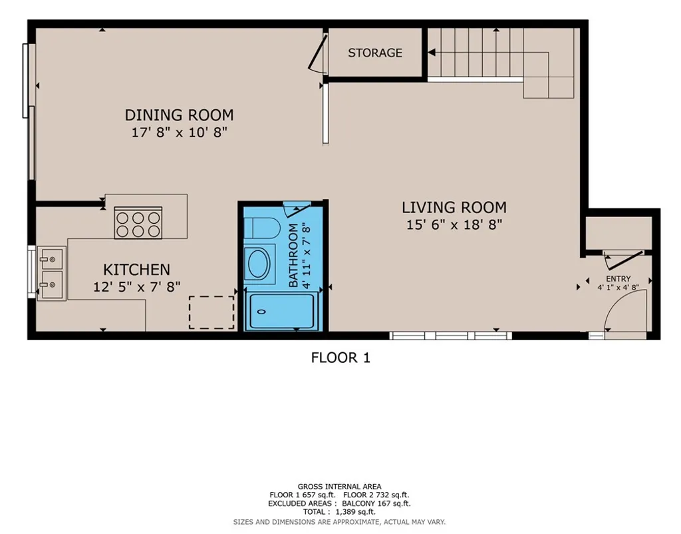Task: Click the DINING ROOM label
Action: click(x=179, y=115)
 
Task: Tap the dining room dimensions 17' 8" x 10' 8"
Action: click(x=179, y=133)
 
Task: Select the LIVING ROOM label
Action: click(x=454, y=207)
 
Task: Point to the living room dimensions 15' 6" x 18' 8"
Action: click(x=454, y=225)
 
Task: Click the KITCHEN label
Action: click(x=136, y=270)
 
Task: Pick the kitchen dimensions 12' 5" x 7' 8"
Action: click(x=136, y=287)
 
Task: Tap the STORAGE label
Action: click(x=375, y=53)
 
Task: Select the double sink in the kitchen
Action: click(x=51, y=273)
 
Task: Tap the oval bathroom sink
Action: click(x=258, y=264)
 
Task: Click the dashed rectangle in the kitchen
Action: click(x=211, y=312)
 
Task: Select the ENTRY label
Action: click(x=618, y=279)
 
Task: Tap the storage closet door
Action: click(x=317, y=53)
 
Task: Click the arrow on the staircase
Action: click(x=432, y=53)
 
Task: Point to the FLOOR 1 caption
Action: click(x=340, y=358)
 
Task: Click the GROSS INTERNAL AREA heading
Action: click(x=339, y=487)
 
